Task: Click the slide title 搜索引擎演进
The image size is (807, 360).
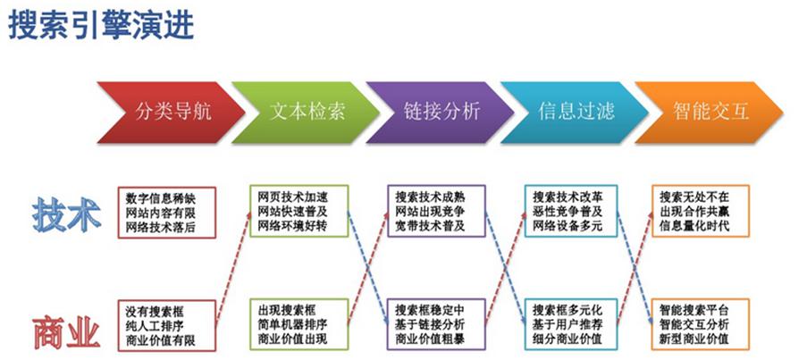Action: click(x=101, y=25)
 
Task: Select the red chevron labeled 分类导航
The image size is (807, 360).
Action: click(x=171, y=113)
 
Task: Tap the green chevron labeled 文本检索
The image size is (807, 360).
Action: click(x=306, y=113)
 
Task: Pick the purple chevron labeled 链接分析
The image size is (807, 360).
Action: click(x=440, y=113)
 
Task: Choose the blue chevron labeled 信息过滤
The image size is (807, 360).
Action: click(x=575, y=113)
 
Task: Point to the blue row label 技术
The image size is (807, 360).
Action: click(x=66, y=213)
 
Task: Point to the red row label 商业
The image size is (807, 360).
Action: click(x=66, y=332)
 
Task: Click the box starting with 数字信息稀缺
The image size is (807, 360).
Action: click(x=167, y=213)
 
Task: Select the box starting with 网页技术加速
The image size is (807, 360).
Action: click(x=299, y=211)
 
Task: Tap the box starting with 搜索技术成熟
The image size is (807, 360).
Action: click(x=436, y=211)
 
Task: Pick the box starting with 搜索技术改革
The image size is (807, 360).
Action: click(x=571, y=211)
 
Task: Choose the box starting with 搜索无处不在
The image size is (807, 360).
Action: click(x=701, y=211)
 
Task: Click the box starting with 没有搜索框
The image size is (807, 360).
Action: click(x=167, y=325)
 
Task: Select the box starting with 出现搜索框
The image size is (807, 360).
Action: click(x=299, y=324)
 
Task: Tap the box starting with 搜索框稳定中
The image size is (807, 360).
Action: click(x=436, y=324)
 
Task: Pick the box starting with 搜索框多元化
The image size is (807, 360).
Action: click(x=571, y=324)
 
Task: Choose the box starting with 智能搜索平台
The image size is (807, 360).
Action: click(x=701, y=324)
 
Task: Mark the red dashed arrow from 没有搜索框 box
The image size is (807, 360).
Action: click(x=233, y=268)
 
